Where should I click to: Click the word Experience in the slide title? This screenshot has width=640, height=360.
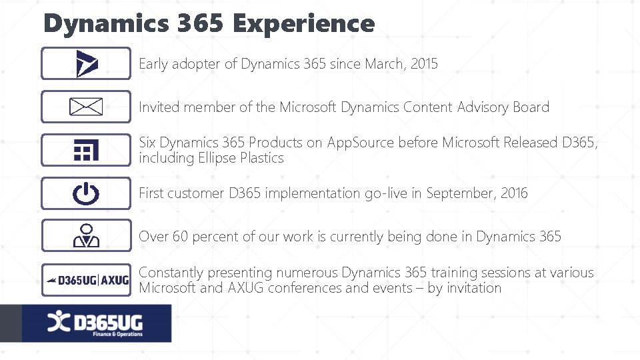click(304, 24)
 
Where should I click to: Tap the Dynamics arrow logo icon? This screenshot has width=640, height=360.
click(87, 64)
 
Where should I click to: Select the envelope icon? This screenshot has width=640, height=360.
click(86, 107)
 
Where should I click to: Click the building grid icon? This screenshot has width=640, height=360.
click(86, 150)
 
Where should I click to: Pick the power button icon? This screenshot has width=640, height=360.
click(86, 193)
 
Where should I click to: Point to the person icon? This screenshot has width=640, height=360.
click(86, 236)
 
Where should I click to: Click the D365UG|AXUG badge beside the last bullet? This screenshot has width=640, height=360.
click(86, 280)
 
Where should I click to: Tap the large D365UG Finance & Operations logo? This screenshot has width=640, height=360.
click(96, 324)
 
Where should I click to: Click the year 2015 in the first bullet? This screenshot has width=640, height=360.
click(425, 64)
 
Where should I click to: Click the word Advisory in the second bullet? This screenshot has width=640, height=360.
click(483, 107)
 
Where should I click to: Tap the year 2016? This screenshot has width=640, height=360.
click(514, 193)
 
